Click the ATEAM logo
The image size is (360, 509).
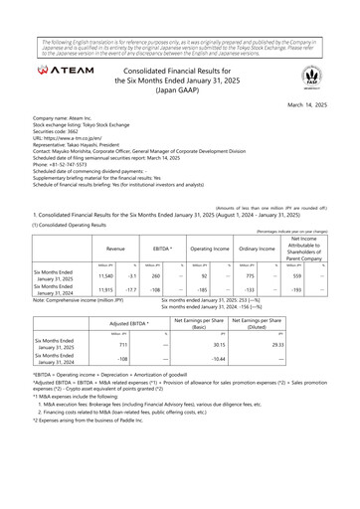[x=66, y=72]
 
